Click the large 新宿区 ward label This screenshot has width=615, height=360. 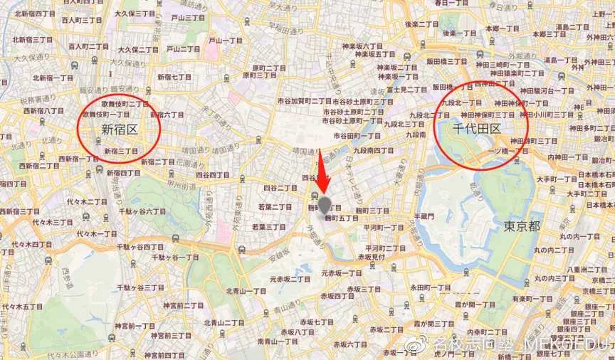point(119,129)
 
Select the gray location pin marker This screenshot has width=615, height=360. point(325,206)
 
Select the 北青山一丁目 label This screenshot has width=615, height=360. point(246,291)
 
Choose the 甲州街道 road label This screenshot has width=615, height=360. point(174,186)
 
